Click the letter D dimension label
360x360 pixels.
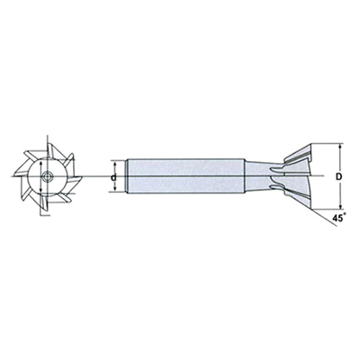coord(338,176)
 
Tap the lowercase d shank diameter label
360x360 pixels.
coord(113,177)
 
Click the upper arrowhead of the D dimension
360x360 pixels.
coord(340,147)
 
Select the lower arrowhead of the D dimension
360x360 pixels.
coord(340,205)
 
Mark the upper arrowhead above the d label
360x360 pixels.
coord(114,164)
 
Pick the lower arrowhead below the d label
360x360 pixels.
coord(114,188)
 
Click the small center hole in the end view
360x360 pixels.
coord(47,176)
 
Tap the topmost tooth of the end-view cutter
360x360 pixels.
coord(51,150)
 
